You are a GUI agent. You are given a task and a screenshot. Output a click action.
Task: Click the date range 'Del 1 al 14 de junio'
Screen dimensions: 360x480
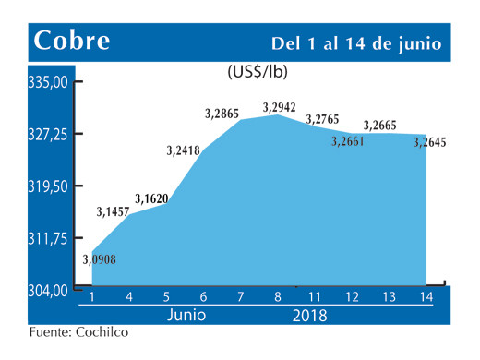pos(355,43)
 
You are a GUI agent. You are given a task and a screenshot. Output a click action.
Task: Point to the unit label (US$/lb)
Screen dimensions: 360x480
pos(256,71)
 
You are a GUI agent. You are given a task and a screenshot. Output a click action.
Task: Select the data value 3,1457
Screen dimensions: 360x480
pos(114,212)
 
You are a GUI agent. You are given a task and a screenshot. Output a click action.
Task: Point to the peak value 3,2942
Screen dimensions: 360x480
pos(279,107)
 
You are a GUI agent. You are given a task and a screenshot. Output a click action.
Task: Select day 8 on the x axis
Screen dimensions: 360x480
pos(278,297)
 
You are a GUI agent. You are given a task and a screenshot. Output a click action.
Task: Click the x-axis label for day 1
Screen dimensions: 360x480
pos(92,297)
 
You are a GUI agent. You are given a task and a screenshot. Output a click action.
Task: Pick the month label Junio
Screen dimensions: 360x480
pos(186,315)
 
